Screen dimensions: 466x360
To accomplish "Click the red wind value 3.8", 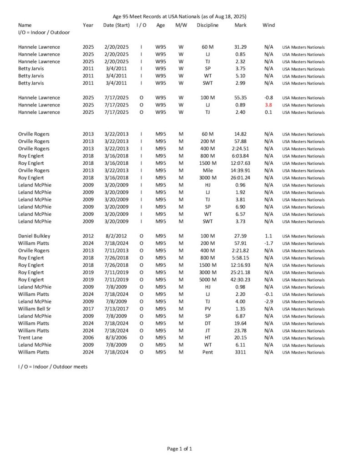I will (269, 105).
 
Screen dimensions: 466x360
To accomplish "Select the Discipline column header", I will (208, 25).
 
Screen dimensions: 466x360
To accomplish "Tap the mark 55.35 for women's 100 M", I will (240, 98).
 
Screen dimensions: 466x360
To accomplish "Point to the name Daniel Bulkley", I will (35, 236).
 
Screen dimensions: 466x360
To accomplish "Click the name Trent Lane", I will (30, 338).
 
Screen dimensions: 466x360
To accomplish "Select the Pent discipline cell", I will (208, 353).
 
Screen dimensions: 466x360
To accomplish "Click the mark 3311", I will (240, 353).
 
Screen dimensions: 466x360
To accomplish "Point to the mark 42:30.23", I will (240, 280).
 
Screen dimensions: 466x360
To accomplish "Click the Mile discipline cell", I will (208, 171).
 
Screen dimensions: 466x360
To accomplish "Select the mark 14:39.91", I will (240, 171).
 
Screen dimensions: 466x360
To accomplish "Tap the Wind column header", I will (269, 25).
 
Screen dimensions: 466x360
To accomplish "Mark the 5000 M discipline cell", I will (208, 280).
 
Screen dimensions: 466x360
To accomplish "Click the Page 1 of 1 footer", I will (180, 449).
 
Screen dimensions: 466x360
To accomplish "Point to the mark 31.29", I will (240, 47).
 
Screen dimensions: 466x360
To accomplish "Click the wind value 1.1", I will (269, 236).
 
